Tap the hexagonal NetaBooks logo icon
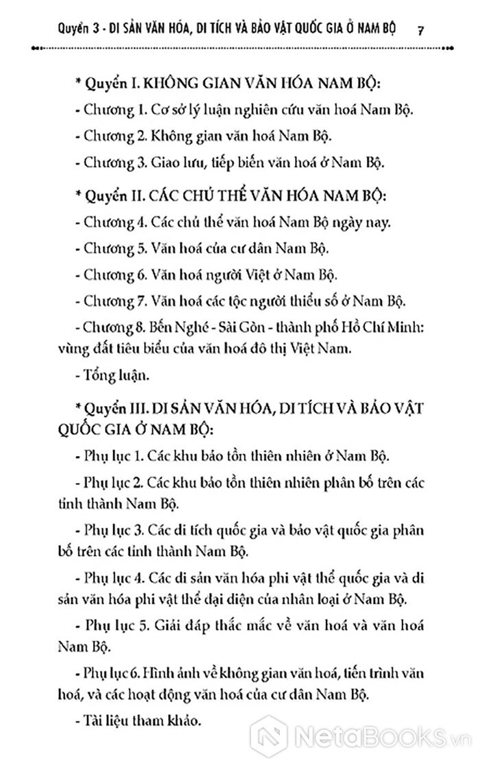tap(272, 739)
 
